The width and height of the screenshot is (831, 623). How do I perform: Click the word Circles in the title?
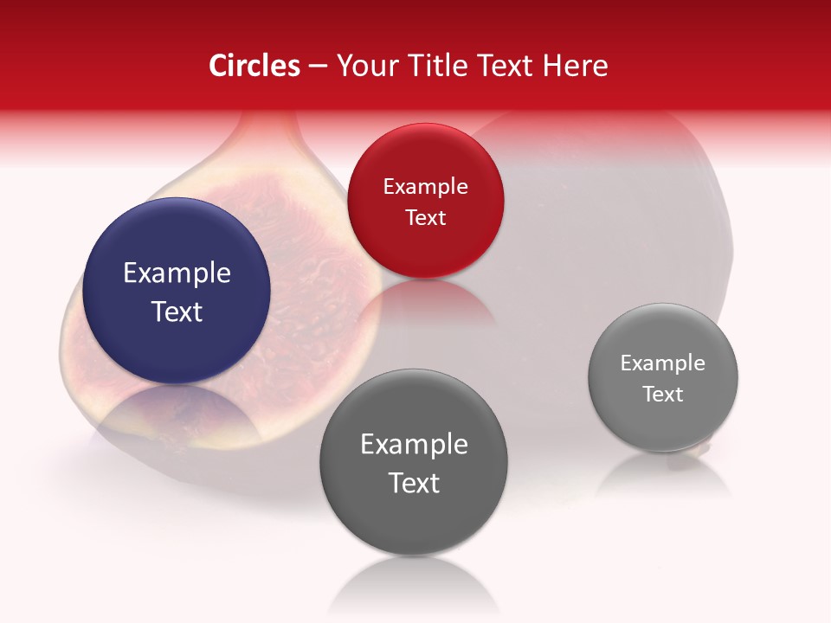(x=254, y=66)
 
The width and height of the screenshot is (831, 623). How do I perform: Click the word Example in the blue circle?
(x=177, y=273)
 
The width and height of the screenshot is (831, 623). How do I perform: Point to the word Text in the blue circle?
(x=177, y=311)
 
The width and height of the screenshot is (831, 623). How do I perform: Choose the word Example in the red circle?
(x=425, y=187)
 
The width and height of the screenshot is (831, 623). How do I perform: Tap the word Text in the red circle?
(x=425, y=217)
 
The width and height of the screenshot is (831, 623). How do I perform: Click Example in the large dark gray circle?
(x=414, y=445)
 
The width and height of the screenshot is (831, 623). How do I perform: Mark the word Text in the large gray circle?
(x=414, y=483)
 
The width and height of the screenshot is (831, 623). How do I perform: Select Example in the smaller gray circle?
(x=663, y=363)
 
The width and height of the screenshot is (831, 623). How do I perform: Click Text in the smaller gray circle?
(x=663, y=395)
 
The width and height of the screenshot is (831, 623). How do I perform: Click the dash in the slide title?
(x=318, y=67)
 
